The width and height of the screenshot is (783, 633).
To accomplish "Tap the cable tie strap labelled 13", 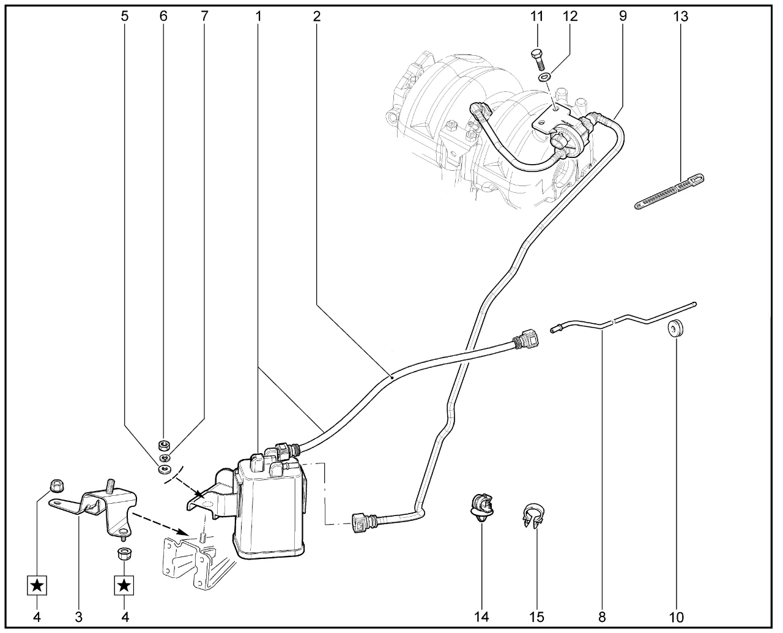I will point(669,190).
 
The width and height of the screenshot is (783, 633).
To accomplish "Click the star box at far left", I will point(37,585).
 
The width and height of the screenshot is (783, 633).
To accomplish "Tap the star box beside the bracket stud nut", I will point(124,585).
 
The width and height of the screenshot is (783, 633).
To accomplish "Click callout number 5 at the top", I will point(125,17).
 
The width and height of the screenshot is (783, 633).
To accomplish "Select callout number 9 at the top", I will point(622,17).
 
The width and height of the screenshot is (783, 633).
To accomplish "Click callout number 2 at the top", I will point(316,17).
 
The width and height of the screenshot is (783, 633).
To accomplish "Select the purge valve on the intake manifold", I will point(566,134).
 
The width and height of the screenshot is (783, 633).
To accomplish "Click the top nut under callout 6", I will point(163,444).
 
